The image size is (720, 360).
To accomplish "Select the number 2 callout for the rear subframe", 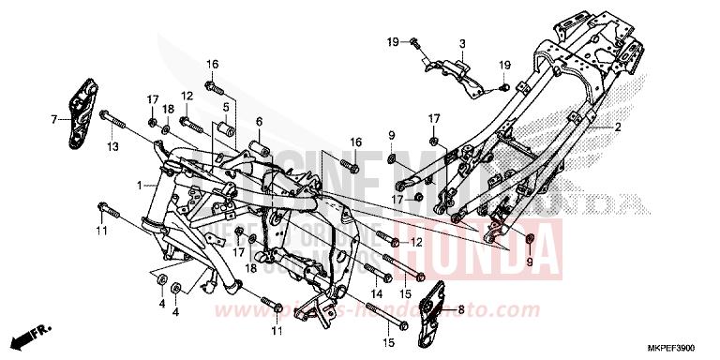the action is point(618,126).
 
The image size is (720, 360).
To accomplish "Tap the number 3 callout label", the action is point(462,44).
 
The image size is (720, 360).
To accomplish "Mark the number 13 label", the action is point(112,147).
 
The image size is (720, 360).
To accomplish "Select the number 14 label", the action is point(376,293).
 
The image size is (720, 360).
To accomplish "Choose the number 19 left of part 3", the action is point(395,41).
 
